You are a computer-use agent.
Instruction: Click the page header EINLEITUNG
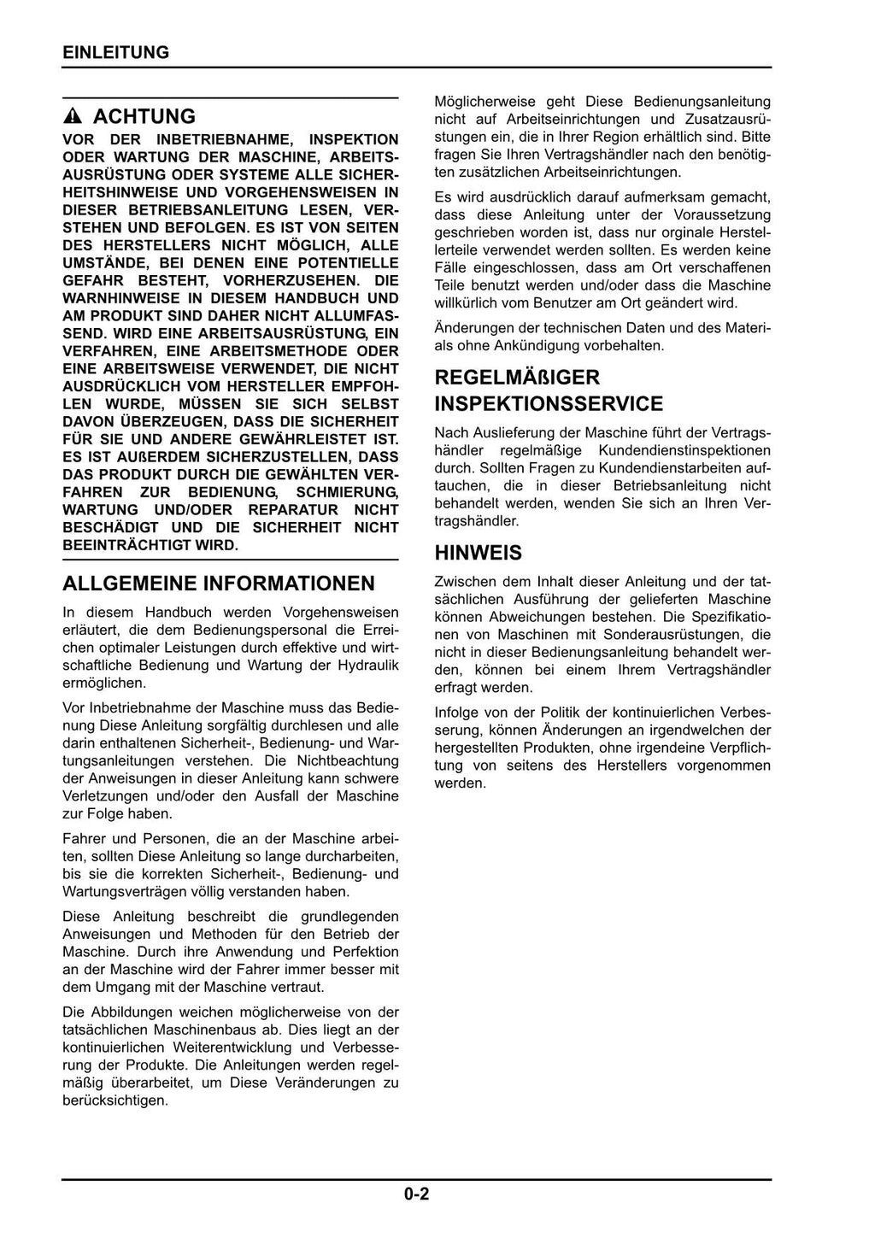tap(115, 52)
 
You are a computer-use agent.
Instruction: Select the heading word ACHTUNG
tap(144, 116)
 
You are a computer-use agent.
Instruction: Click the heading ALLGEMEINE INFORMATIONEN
tap(219, 584)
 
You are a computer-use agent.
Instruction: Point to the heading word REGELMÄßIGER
tap(517, 377)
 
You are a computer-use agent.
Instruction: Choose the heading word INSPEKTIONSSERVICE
tap(549, 403)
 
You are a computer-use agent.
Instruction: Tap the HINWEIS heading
tap(478, 553)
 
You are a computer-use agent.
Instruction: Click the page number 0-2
tap(417, 1194)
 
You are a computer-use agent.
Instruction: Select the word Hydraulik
tap(369, 665)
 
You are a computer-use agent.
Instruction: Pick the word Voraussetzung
tap(722, 214)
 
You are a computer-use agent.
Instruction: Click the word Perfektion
tap(364, 952)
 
